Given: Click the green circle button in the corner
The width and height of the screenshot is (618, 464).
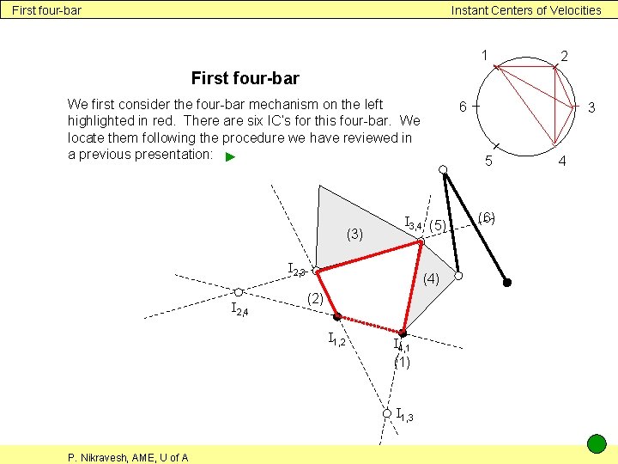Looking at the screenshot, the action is (x=597, y=444).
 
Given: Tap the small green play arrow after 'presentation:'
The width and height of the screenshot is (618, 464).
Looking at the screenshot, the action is (x=229, y=157).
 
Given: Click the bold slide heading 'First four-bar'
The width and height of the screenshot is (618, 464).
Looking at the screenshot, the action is (x=245, y=79).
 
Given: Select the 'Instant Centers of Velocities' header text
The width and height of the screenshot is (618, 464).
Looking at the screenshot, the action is (x=526, y=10).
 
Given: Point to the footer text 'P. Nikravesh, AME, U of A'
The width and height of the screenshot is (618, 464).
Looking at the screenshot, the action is (x=129, y=457).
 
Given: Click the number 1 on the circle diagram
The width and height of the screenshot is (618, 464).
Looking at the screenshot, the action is (x=484, y=55).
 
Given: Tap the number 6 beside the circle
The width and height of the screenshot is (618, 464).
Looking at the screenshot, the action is (x=462, y=107).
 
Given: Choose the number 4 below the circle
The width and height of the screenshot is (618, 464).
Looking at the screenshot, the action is (x=562, y=161).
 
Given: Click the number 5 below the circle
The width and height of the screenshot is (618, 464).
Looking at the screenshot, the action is (x=488, y=161).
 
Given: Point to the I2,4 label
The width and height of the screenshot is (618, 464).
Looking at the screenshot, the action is (x=239, y=309).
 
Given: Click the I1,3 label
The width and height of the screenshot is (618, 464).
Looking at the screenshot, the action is (x=404, y=416).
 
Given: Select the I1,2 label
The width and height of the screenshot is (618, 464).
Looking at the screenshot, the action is (x=336, y=341).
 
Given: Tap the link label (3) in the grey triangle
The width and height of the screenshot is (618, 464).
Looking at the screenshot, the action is (x=354, y=234).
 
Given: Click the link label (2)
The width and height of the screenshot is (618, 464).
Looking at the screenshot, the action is (x=315, y=298).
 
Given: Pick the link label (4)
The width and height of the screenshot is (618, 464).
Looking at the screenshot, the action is (x=431, y=278).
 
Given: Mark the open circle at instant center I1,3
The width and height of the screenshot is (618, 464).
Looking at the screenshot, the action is (x=386, y=413).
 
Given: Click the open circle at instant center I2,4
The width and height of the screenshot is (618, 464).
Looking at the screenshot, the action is (x=239, y=292).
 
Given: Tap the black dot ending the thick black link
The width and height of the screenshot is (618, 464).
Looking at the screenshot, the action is (x=507, y=282).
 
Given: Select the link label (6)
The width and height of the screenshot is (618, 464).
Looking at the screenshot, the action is (x=487, y=217).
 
